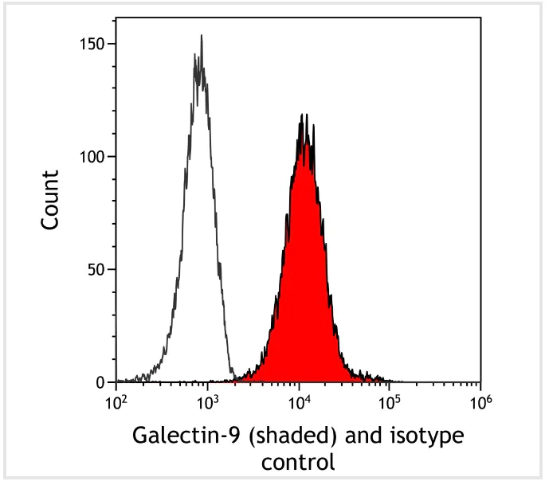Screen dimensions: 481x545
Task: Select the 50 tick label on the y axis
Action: click(97, 269)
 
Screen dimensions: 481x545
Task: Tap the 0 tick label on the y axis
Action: click(101, 382)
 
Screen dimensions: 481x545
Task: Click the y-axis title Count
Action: click(50, 200)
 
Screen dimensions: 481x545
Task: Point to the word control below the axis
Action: click(299, 461)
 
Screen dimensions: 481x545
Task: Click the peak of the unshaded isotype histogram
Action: click(201, 36)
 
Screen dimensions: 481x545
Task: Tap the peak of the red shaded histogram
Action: click(304, 116)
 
